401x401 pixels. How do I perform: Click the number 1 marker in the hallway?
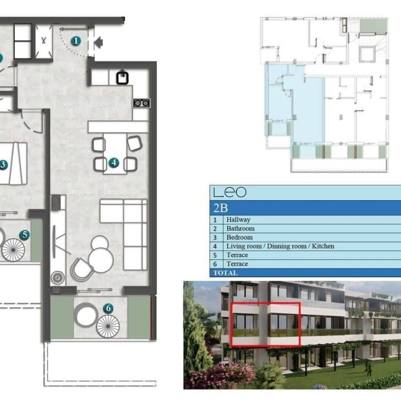76,41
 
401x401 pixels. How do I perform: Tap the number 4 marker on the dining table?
114,162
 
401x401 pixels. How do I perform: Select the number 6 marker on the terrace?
108,308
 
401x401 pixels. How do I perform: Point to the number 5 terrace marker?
25,234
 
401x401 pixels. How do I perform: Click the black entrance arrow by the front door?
99,43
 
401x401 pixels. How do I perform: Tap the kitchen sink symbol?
122,78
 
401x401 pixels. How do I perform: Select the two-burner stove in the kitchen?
141,103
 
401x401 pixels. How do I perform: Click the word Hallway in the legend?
238,220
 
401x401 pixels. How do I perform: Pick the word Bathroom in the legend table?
241,228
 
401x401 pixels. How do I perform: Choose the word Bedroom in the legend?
240,238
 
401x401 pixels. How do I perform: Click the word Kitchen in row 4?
323,246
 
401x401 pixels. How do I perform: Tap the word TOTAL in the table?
225,273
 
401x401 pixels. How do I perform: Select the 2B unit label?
221,208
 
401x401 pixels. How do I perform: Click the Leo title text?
230,192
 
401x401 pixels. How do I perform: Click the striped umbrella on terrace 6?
108,326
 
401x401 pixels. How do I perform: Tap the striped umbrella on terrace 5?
13,250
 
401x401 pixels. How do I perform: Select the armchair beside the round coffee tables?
81,269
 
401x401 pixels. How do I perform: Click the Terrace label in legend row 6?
237,264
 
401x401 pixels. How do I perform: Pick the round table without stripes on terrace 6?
86,315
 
